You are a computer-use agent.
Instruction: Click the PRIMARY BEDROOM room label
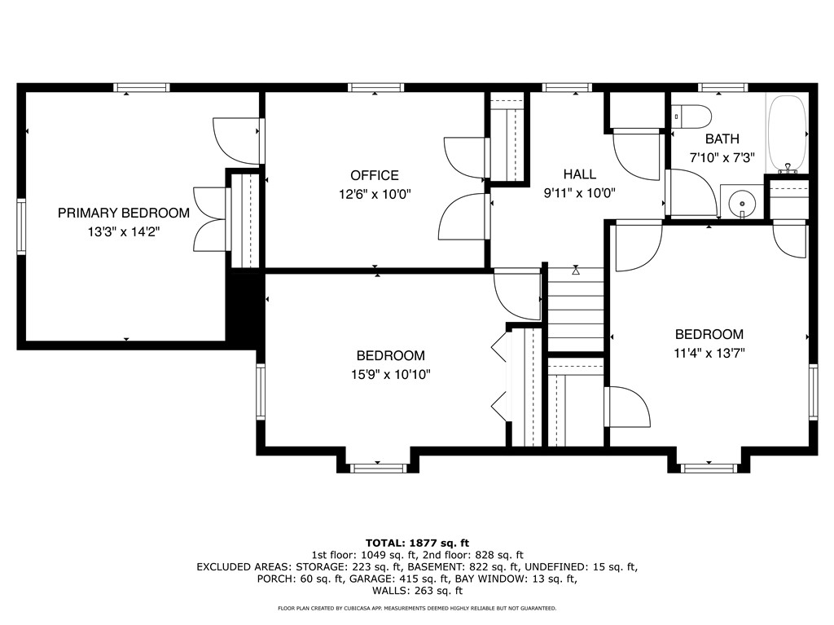pyautogui.click(x=123, y=213)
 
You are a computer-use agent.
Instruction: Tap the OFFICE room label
pyautogui.click(x=375, y=175)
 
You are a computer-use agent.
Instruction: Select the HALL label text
pyautogui.click(x=579, y=174)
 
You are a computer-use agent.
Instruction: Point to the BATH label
pyautogui.click(x=722, y=139)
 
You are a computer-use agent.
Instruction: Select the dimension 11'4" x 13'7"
pyautogui.click(x=709, y=353)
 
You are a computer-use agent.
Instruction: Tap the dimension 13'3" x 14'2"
pyautogui.click(x=124, y=231)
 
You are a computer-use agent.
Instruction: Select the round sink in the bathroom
pyautogui.click(x=742, y=200)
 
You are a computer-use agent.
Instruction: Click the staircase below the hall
pyautogui.click(x=576, y=310)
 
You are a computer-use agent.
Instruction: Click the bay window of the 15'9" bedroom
pyautogui.click(x=378, y=467)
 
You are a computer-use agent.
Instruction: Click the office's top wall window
pyautogui.click(x=375, y=87)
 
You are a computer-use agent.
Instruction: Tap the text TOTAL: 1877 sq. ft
pyautogui.click(x=417, y=543)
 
